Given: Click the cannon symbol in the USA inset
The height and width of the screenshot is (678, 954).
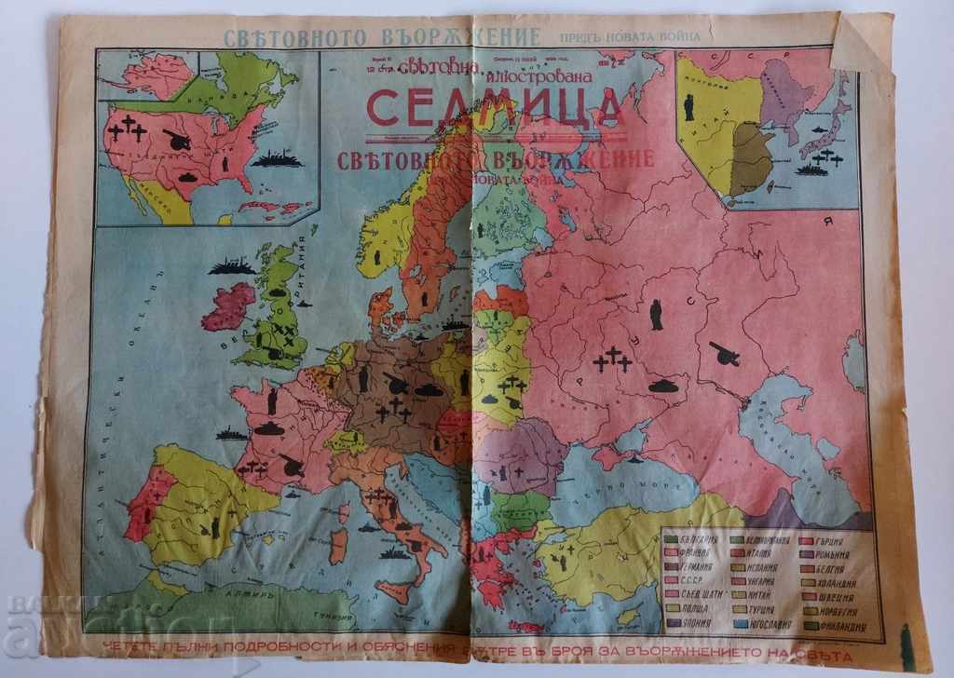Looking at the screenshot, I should coord(177,142).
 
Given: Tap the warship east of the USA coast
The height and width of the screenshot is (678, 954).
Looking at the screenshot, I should coord(277,159).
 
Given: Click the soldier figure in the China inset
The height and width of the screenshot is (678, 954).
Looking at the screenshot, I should coord(688,107).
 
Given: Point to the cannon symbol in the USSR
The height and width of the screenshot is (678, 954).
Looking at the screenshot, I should coord(724,353).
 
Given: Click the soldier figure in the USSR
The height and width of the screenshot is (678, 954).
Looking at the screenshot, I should coord(656,314).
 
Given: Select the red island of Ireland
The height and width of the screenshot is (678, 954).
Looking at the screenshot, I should coord(227,307).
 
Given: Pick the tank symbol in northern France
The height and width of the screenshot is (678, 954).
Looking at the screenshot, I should coord(268,427).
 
